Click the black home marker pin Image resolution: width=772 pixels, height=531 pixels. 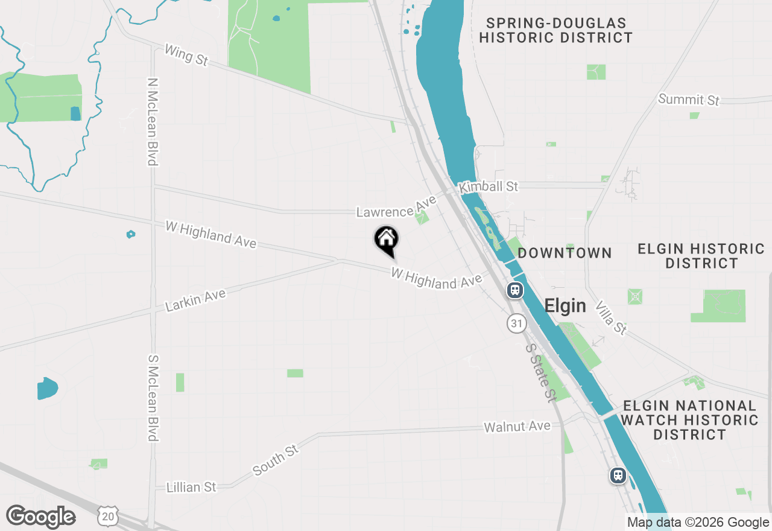tap(386, 240)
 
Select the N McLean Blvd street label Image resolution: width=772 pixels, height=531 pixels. tap(152, 121)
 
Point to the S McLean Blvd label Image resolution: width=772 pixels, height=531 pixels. tap(153, 398)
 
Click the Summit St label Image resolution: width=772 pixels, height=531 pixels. tap(689, 100)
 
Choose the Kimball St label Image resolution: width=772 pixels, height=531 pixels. tap(489, 186)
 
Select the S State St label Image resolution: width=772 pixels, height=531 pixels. tap(540, 373)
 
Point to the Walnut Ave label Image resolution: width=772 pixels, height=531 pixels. tap(517, 427)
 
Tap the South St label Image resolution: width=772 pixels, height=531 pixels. tap(276, 460)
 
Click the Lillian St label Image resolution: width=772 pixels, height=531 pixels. tap(191, 487)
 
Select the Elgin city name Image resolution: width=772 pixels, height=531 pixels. tap(565, 306)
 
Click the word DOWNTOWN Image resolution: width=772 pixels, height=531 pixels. tap(565, 253)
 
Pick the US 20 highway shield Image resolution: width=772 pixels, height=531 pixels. tap(107, 517)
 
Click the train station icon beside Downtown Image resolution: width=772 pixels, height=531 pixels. tap(514, 290)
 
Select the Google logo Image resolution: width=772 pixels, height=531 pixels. tap(40, 517)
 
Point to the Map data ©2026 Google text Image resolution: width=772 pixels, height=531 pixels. tap(698, 523)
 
